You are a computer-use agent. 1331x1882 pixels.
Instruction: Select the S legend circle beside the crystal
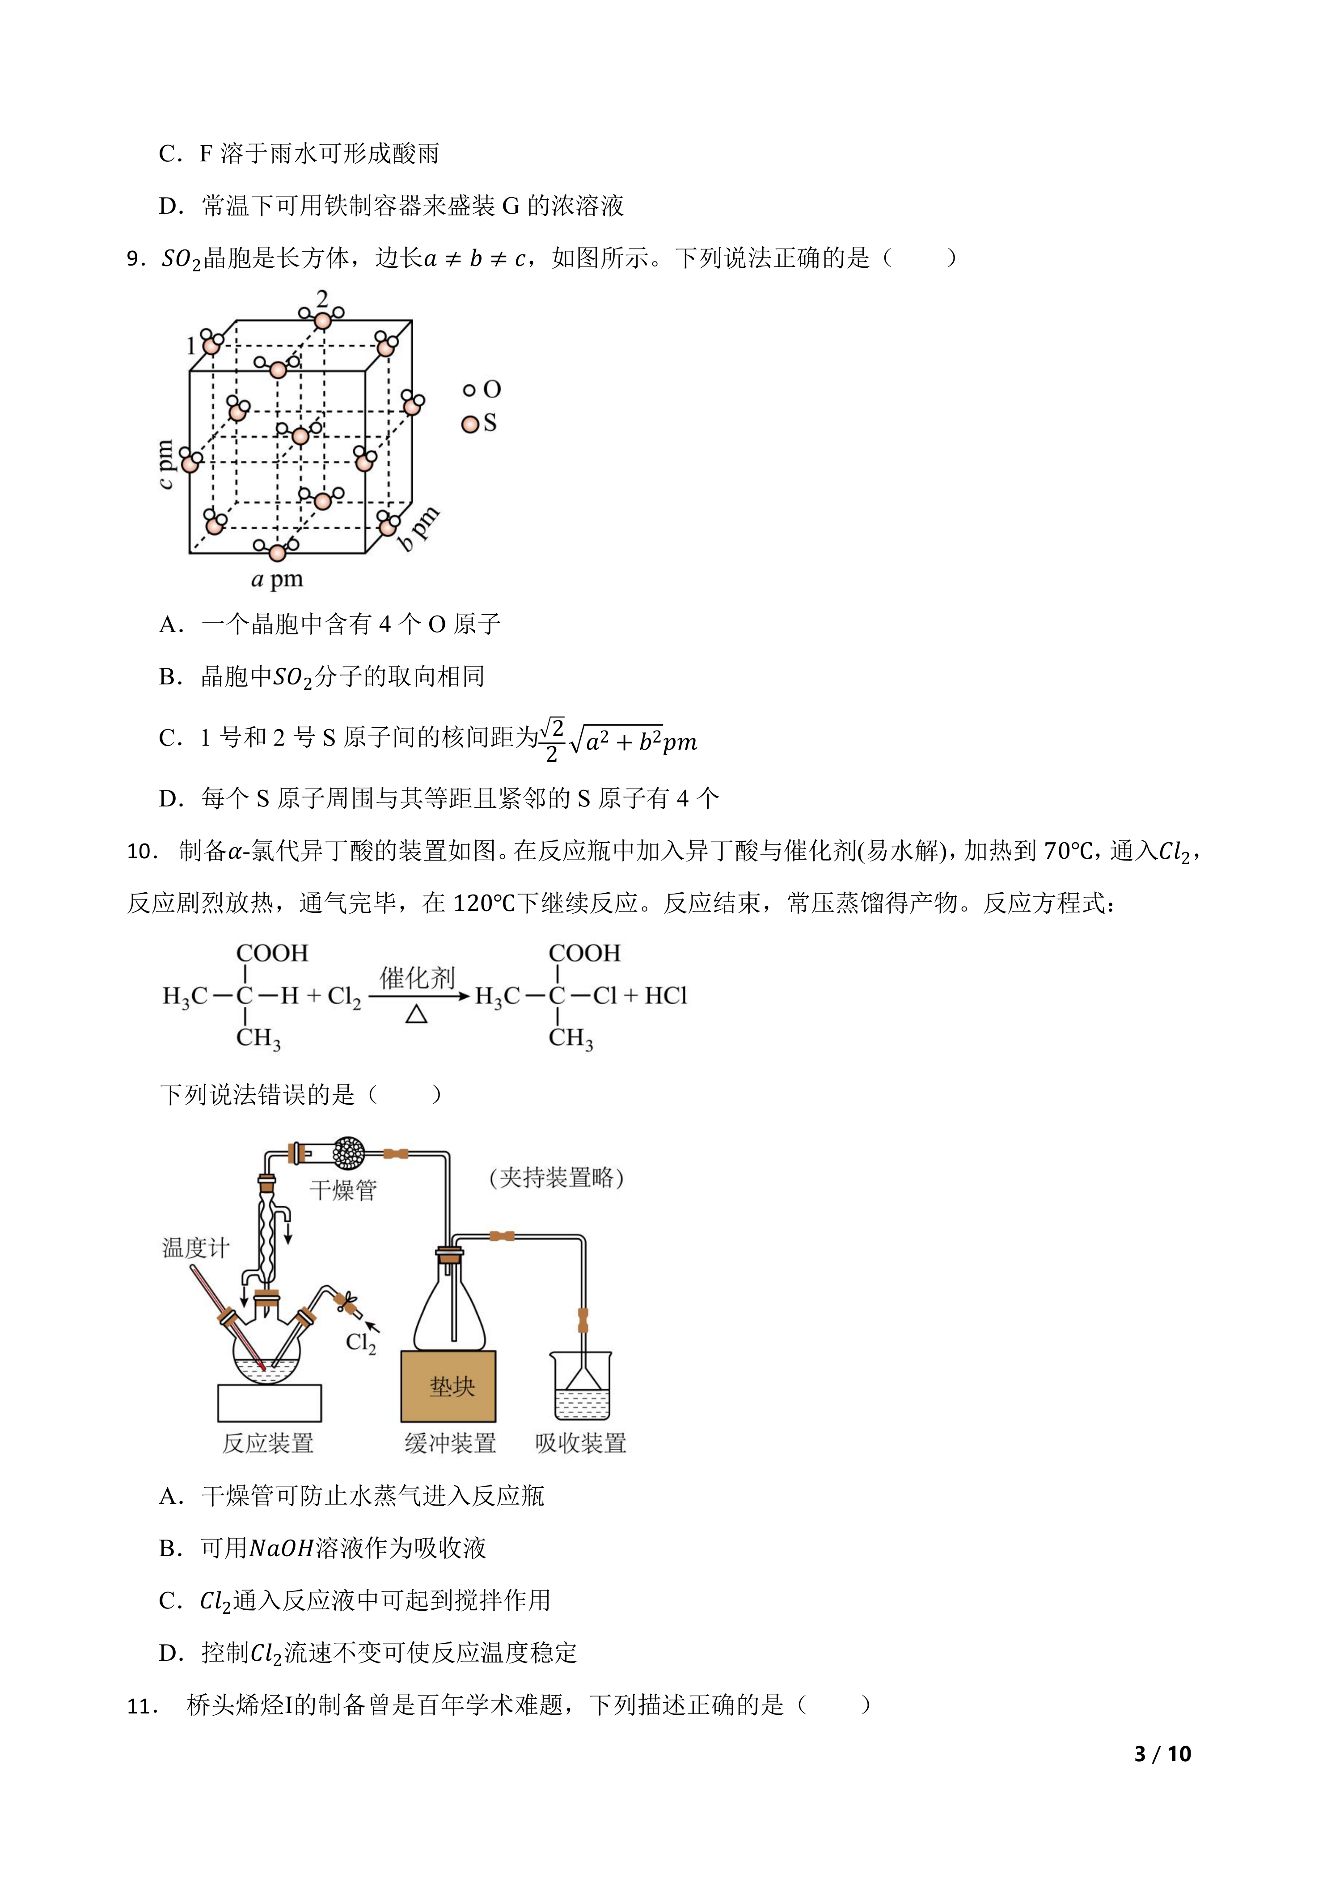pos(470,424)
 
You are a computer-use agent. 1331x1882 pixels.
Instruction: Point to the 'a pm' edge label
pos(277,579)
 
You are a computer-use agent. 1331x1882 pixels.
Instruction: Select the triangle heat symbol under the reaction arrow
pos(416,1015)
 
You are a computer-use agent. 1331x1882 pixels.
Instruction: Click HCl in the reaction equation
pos(665,996)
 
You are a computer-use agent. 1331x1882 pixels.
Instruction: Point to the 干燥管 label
pos(342,1190)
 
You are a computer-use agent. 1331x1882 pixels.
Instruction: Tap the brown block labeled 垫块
pos(448,1386)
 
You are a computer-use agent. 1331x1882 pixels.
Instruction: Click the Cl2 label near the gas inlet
pos(361,1342)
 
